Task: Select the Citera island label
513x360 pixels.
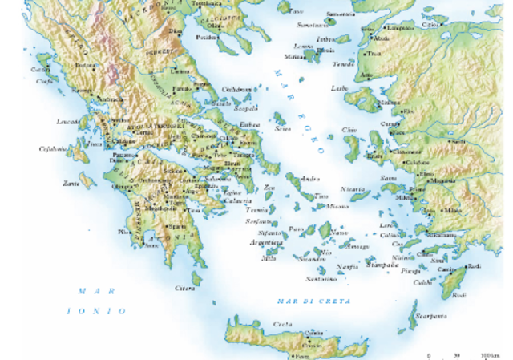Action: tap(184, 287)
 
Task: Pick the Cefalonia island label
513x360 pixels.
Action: tap(54, 149)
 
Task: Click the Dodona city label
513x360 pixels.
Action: tap(87, 65)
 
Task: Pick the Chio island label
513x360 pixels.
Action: tap(348, 129)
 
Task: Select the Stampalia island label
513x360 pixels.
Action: tap(382, 262)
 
